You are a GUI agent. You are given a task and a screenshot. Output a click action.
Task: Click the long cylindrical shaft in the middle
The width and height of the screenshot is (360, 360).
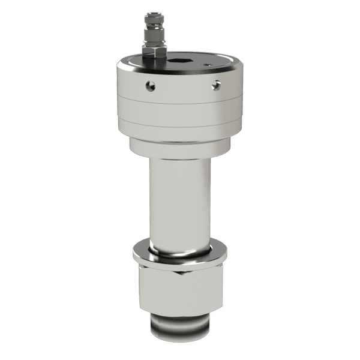coord(179,198)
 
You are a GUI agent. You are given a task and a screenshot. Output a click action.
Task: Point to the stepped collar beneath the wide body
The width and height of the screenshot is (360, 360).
coord(179,147)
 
